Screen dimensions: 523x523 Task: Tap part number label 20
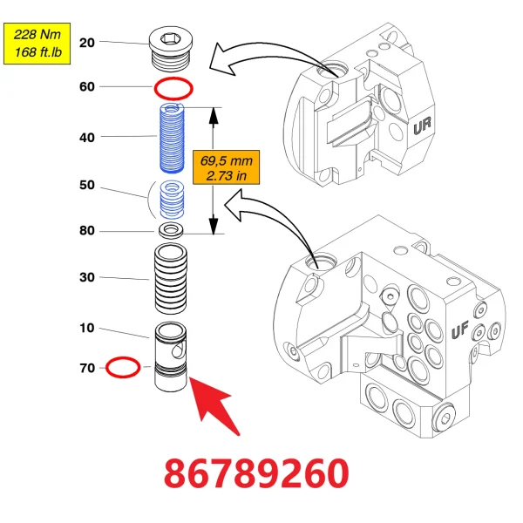pyautogui.click(x=86, y=42)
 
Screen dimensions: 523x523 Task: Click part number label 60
pyautogui.click(x=86, y=87)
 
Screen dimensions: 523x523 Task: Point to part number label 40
pyautogui.click(x=86, y=137)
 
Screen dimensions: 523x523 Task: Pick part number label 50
pyautogui.click(x=86, y=186)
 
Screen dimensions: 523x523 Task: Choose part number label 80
pyautogui.click(x=86, y=231)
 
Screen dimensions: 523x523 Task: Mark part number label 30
pyautogui.click(x=86, y=278)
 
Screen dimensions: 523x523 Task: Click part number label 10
pyautogui.click(x=86, y=329)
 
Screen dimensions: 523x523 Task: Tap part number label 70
pyautogui.click(x=86, y=369)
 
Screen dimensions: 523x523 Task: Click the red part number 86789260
pyautogui.click(x=258, y=474)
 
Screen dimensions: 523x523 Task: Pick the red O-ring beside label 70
pyautogui.click(x=121, y=367)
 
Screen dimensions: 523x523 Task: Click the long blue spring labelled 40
pyautogui.click(x=173, y=137)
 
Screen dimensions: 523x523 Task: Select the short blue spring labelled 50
pyautogui.click(x=175, y=201)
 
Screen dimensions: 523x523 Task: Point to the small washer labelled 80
pyautogui.click(x=173, y=231)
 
